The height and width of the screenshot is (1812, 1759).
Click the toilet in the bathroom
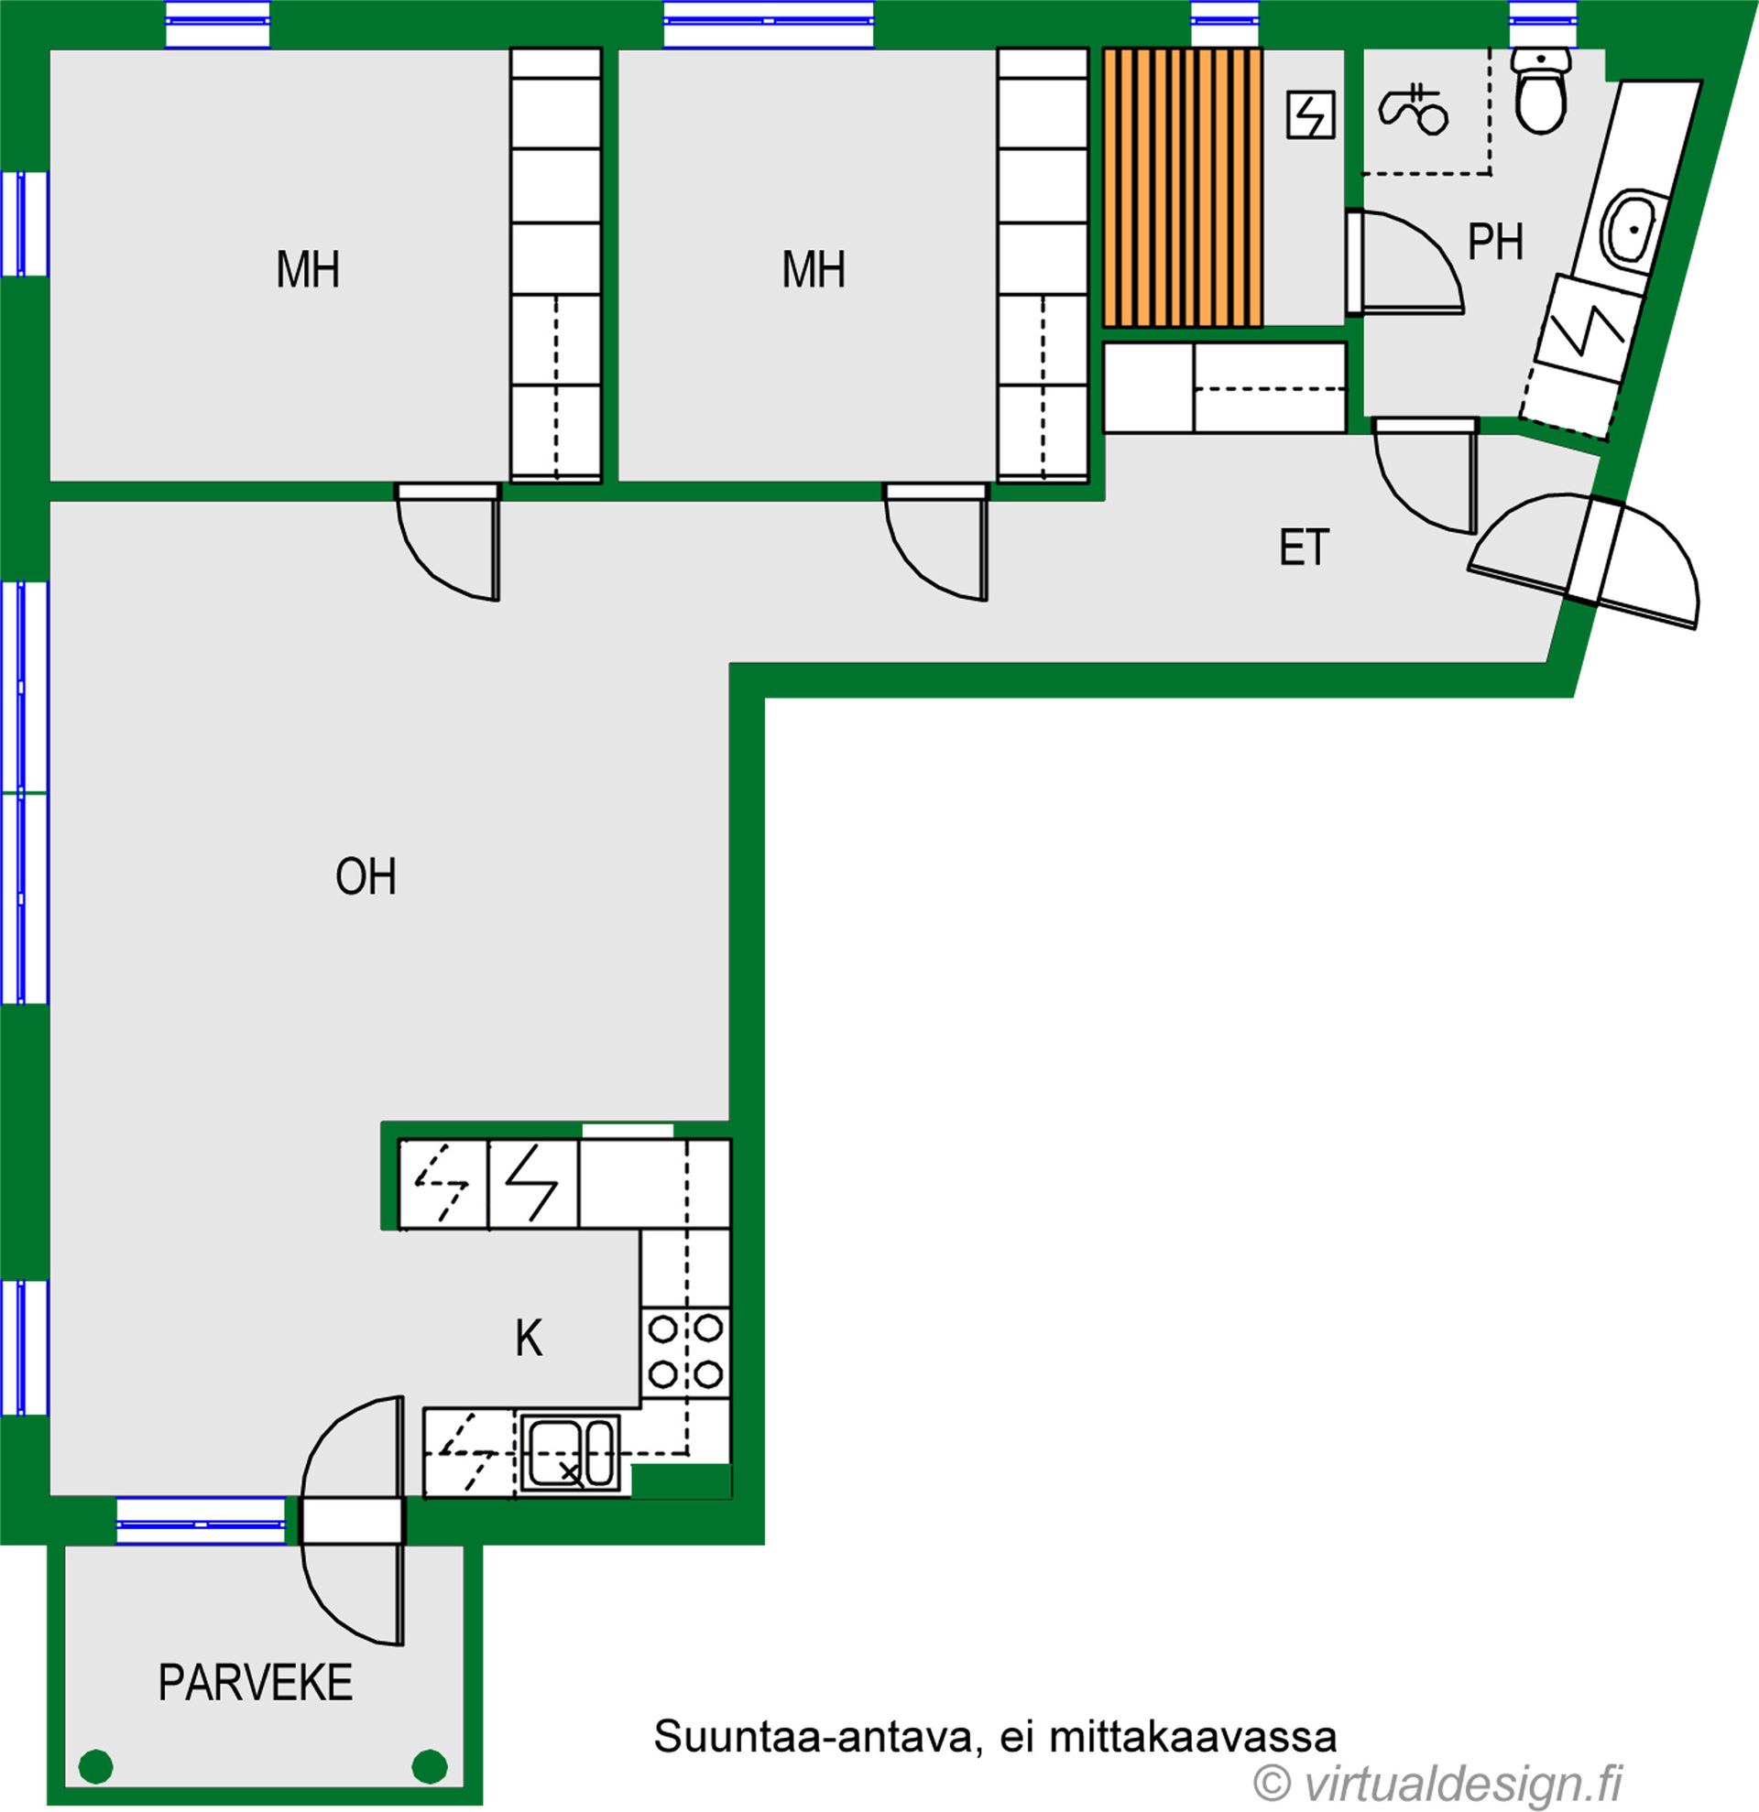click(1541, 91)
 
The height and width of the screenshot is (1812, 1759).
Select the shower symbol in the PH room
click(1413, 109)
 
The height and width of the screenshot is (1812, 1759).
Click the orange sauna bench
click(1182, 188)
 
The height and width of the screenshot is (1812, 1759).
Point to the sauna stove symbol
click(1310, 114)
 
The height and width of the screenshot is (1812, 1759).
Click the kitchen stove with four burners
click(685, 1352)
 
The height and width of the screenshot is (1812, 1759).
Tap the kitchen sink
click(571, 1451)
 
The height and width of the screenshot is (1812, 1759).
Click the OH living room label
click(366, 876)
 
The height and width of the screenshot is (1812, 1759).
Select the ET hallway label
click(1304, 548)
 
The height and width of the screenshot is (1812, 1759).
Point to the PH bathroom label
click(1495, 243)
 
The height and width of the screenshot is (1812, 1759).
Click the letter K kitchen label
click(529, 1338)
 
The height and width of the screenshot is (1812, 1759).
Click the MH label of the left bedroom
click(308, 270)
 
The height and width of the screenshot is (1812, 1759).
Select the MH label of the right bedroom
click(814, 270)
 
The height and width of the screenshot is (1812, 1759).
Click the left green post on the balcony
click(96, 1767)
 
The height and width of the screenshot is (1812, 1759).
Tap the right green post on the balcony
click(429, 1767)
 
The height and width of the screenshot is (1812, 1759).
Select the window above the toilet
click(1543, 22)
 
